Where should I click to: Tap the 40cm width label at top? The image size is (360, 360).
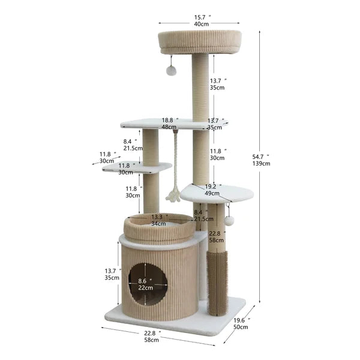(201, 24)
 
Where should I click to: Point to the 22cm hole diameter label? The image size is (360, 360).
(146, 288)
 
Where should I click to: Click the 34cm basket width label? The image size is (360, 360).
(159, 224)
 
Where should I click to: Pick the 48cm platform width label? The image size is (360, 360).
(169, 127)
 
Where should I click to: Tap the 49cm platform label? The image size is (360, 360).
(212, 193)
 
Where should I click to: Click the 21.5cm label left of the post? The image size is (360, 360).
(133, 148)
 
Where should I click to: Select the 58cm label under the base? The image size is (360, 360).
(151, 340)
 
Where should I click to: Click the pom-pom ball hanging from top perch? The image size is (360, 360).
(171, 71)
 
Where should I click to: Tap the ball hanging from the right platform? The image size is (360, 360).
(229, 221)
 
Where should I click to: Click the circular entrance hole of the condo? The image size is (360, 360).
(148, 283)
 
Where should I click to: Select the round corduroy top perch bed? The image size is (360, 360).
(200, 41)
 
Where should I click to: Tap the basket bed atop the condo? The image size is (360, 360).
(158, 228)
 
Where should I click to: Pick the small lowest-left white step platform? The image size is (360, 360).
(137, 169)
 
